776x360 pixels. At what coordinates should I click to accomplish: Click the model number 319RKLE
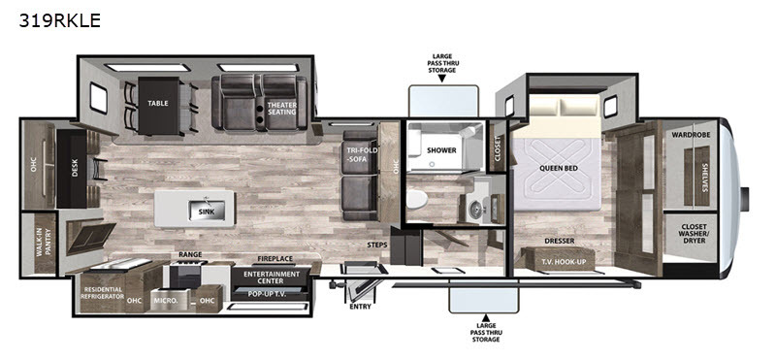59,20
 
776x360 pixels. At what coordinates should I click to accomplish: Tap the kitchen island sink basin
207,211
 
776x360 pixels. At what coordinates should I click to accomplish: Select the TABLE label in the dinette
158,104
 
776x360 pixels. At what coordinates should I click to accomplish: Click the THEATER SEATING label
281,108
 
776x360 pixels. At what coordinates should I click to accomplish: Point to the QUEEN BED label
559,169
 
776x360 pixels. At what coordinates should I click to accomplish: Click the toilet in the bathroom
416,199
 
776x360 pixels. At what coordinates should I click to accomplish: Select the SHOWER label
442,150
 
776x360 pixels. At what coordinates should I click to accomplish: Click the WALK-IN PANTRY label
45,243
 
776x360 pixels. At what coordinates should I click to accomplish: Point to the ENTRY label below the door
360,307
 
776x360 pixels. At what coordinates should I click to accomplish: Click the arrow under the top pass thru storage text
441,79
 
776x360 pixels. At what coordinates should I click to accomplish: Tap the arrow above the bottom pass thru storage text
486,318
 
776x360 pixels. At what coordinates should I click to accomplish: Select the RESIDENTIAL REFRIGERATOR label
103,293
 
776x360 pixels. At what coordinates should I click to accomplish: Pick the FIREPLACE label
275,258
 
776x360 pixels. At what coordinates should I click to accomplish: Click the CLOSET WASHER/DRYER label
692,233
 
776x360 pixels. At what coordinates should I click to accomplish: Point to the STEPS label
377,245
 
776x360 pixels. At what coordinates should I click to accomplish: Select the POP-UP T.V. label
268,293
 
